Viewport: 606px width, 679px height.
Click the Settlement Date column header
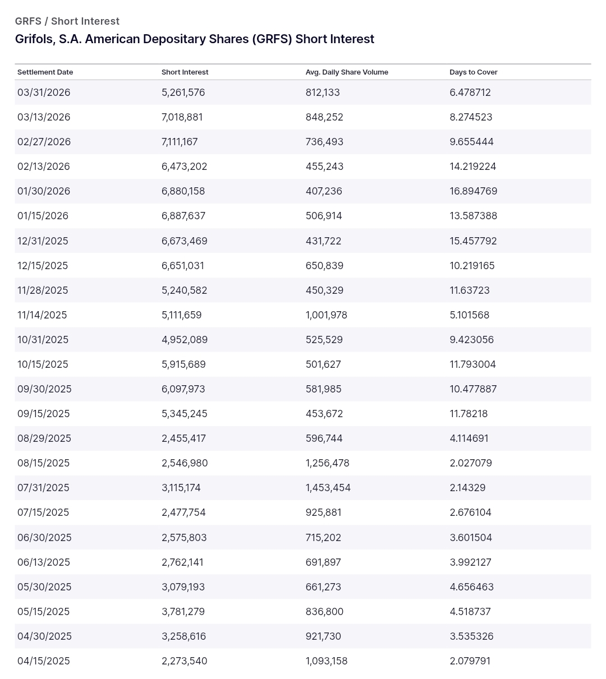pyautogui.click(x=45, y=72)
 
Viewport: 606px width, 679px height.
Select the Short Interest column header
pyautogui.click(x=185, y=72)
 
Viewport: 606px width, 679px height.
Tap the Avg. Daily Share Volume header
pyautogui.click(x=347, y=72)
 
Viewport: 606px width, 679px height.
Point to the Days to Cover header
pyautogui.click(x=474, y=72)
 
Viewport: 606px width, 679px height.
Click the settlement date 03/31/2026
pyautogui.click(x=44, y=93)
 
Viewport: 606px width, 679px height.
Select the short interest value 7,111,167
pyautogui.click(x=180, y=142)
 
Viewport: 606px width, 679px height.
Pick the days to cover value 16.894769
pyautogui.click(x=474, y=191)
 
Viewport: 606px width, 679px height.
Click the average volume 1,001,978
pyautogui.click(x=327, y=315)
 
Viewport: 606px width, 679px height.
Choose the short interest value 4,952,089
pyautogui.click(x=185, y=340)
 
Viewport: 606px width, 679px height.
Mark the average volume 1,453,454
pyautogui.click(x=328, y=488)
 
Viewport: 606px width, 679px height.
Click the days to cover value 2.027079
pyautogui.click(x=471, y=463)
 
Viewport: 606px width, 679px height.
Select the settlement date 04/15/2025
pyautogui.click(x=44, y=661)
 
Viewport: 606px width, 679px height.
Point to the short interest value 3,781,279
pyautogui.click(x=183, y=612)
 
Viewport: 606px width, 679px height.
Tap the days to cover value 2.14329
pyautogui.click(x=467, y=488)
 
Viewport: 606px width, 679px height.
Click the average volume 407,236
pyautogui.click(x=324, y=191)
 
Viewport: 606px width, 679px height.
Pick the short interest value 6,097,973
pyautogui.click(x=183, y=389)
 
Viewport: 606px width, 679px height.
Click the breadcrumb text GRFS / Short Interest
pyautogui.click(x=67, y=21)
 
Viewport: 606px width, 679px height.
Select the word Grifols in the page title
pyautogui.click(x=33, y=39)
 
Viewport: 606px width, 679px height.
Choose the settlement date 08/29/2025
pyautogui.click(x=44, y=438)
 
